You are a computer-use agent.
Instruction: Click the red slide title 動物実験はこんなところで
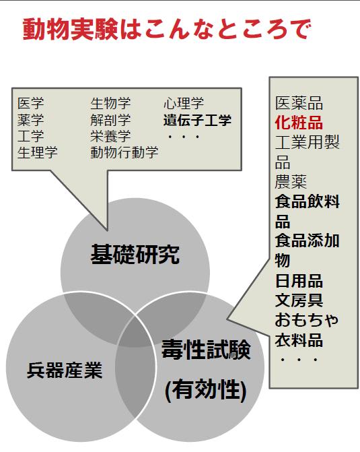[x=167, y=30]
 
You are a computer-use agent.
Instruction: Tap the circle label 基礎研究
[x=135, y=254]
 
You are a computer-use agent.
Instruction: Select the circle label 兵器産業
[x=65, y=370]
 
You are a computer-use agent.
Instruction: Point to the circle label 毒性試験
[x=206, y=350]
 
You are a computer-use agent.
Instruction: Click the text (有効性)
[x=206, y=390]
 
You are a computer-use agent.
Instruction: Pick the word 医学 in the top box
[x=30, y=103]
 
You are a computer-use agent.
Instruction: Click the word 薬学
[x=30, y=120]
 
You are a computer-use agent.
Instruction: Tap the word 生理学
[x=38, y=152]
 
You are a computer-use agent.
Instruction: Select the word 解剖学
[x=110, y=120]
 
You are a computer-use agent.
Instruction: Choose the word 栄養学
[x=110, y=136]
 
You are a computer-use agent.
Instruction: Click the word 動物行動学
[x=124, y=152]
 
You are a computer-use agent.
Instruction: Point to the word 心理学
[x=184, y=103]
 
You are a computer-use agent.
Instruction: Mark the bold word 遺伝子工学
[x=198, y=120]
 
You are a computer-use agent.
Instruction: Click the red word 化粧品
[x=299, y=123]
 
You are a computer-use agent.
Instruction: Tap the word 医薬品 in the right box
[x=299, y=103]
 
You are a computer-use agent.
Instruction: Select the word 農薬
[x=291, y=182]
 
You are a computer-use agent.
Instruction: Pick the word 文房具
[x=299, y=300]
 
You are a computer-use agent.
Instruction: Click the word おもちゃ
[x=306, y=320]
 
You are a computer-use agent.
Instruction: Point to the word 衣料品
[x=299, y=340]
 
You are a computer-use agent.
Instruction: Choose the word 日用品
[x=299, y=280]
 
